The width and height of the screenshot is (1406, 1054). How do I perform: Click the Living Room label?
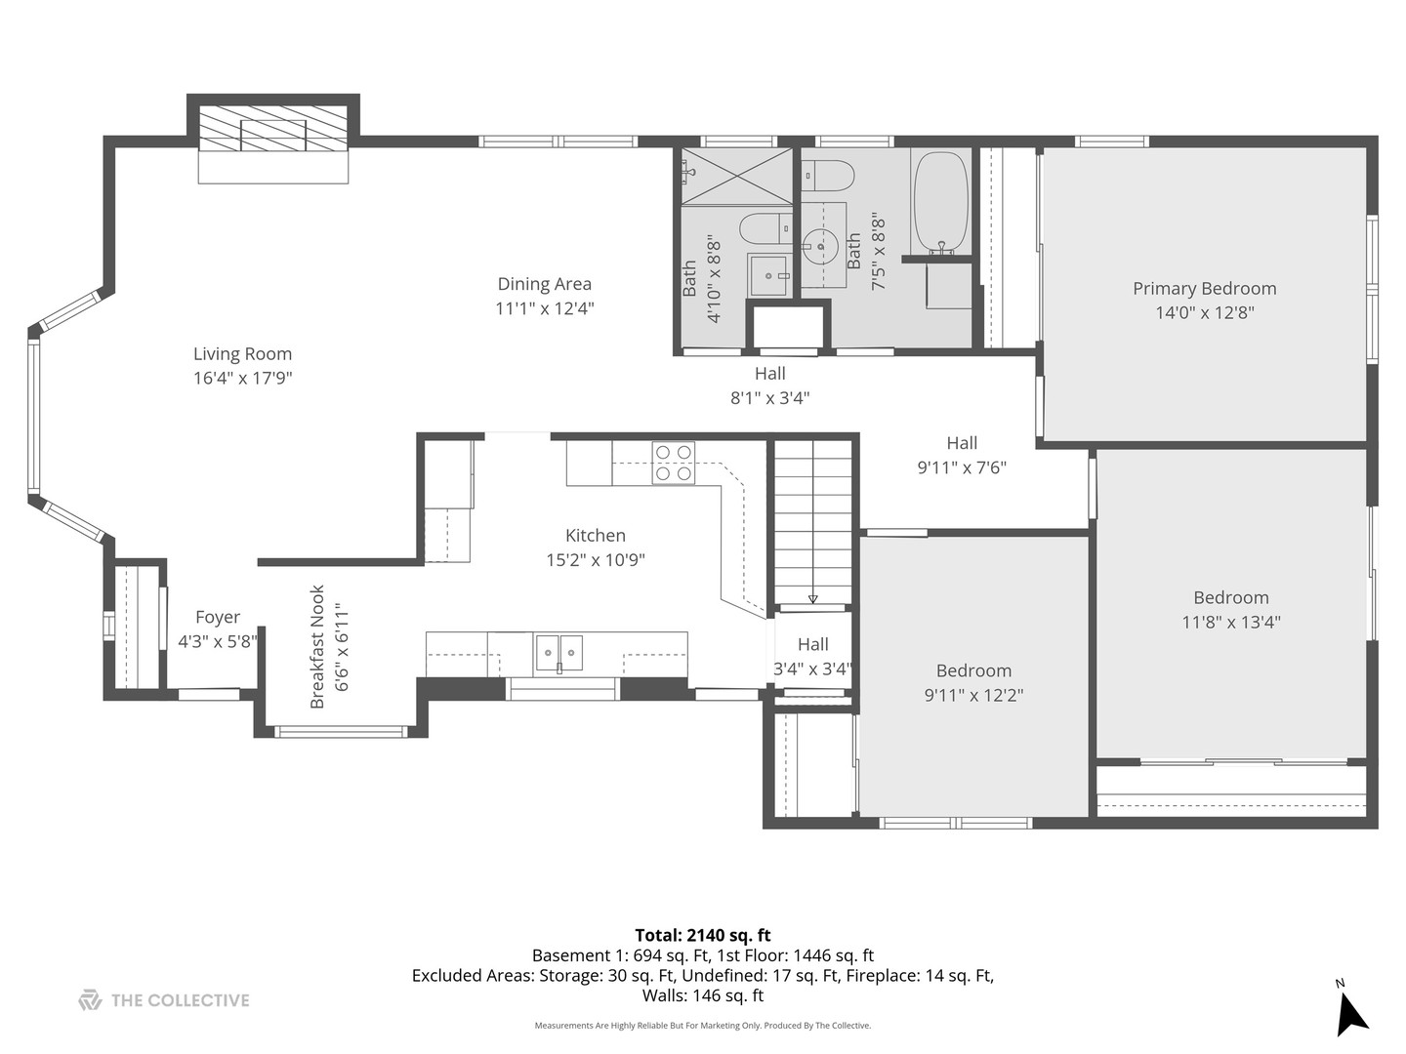tap(242, 354)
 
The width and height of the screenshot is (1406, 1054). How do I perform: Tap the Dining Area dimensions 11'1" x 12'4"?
tap(545, 308)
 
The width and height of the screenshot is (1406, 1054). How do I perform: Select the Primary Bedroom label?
tap(1204, 289)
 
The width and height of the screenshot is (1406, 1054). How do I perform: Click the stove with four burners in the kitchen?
tap(674, 463)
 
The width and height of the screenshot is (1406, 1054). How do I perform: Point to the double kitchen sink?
tap(558, 652)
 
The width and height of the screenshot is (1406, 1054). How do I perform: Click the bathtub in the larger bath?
tap(940, 203)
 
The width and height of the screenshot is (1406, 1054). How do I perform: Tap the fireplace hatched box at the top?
tap(273, 129)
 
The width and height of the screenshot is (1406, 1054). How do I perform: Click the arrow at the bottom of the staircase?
tap(812, 598)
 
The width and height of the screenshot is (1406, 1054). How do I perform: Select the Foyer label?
tap(217, 617)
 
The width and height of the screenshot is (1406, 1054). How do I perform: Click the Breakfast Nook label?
tap(317, 647)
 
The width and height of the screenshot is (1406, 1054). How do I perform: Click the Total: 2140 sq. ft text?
tap(703, 935)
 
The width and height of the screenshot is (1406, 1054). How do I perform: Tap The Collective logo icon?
tap(90, 1000)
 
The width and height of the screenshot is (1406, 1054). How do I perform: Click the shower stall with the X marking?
tap(736, 176)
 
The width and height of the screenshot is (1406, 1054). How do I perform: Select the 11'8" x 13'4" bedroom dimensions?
tap(1230, 622)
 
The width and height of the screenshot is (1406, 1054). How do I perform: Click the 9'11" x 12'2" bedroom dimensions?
tap(973, 695)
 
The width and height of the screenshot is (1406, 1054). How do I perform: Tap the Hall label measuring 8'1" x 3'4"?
tap(770, 373)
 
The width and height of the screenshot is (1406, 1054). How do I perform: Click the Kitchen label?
tap(596, 536)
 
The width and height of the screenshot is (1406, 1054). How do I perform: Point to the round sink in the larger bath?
tap(821, 244)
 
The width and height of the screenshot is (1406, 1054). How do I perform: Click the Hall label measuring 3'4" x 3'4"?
tap(812, 644)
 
